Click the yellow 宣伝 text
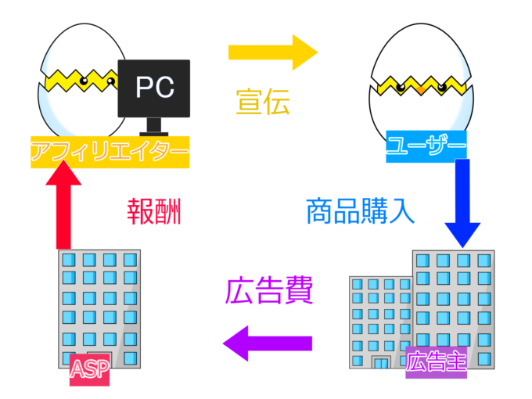pyautogui.click(x=263, y=102)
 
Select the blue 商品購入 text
pyautogui.click(x=359, y=211)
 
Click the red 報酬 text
pyautogui.click(x=154, y=211)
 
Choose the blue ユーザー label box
pyautogui.click(x=426, y=146)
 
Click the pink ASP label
pyautogui.click(x=89, y=371)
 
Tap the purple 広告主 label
pyautogui.click(x=436, y=362)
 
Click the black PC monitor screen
pyautogui.click(x=154, y=88)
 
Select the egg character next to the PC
pyautogui.click(x=78, y=78)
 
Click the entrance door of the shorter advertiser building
pyautogui.click(x=381, y=362)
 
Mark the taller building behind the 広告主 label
pyautogui.click(x=454, y=297)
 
